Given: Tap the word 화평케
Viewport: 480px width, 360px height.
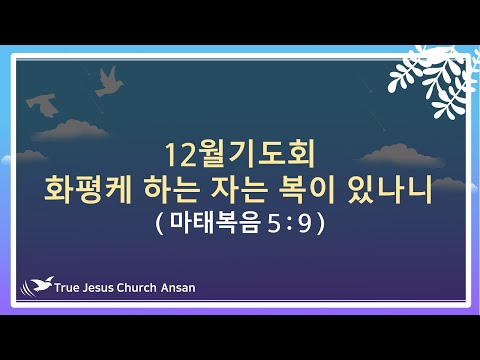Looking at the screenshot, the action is pyautogui.click(x=88, y=190).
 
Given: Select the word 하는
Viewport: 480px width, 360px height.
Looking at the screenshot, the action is pyautogui.click(x=172, y=190).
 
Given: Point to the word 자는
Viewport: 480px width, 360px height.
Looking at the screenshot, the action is pyautogui.click(x=240, y=190).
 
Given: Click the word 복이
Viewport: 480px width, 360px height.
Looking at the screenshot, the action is pyautogui.click(x=307, y=190).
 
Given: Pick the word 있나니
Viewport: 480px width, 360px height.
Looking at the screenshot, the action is pyautogui.click(x=389, y=190).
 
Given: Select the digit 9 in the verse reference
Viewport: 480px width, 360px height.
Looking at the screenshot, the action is pyautogui.click(x=305, y=224).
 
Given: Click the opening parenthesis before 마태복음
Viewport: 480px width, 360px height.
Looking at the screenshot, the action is pyautogui.click(x=159, y=223).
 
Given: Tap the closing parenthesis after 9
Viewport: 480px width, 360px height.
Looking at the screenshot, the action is pyautogui.click(x=321, y=223).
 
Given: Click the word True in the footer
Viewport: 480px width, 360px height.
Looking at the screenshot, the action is pyautogui.click(x=66, y=288).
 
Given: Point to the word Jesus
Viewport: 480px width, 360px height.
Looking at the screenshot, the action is pyautogui.click(x=98, y=288).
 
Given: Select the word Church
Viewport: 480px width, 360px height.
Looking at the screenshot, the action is pyautogui.click(x=137, y=288).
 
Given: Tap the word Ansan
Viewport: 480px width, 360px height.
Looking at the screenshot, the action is pyautogui.click(x=178, y=288).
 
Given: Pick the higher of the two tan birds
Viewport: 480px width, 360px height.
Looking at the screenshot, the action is pyautogui.click(x=109, y=82).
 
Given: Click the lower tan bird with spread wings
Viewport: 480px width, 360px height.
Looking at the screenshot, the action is pyautogui.click(x=43, y=105).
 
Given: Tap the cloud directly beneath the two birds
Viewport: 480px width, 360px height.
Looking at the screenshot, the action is pyautogui.click(x=71, y=130).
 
